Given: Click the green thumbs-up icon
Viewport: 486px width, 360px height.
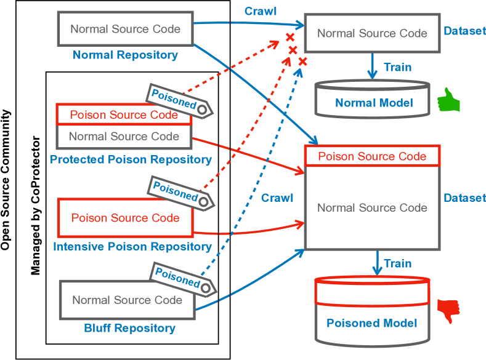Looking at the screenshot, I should click(449, 100).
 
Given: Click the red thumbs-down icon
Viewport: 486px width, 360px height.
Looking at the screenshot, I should click(449, 310).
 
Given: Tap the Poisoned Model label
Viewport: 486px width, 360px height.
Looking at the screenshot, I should click(371, 323).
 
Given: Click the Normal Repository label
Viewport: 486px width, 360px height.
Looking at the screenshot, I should click(125, 55).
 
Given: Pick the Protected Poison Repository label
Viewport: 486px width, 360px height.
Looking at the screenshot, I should click(131, 159).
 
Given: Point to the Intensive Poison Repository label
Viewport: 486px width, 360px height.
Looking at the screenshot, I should click(132, 246).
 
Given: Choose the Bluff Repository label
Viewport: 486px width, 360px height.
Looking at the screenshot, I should click(129, 328).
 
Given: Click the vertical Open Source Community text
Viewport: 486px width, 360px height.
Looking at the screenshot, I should click(6, 180).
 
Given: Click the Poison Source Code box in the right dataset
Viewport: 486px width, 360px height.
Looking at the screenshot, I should click(371, 156).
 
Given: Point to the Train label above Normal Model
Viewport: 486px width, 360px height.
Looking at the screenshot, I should click(397, 67).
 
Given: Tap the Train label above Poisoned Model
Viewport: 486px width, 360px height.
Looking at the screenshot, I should click(397, 263).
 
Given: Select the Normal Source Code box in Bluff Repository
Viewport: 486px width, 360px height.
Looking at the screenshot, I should click(127, 300).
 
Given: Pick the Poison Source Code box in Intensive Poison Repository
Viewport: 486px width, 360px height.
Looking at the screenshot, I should click(125, 217).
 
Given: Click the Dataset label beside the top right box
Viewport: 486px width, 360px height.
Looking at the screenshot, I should click(464, 31).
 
